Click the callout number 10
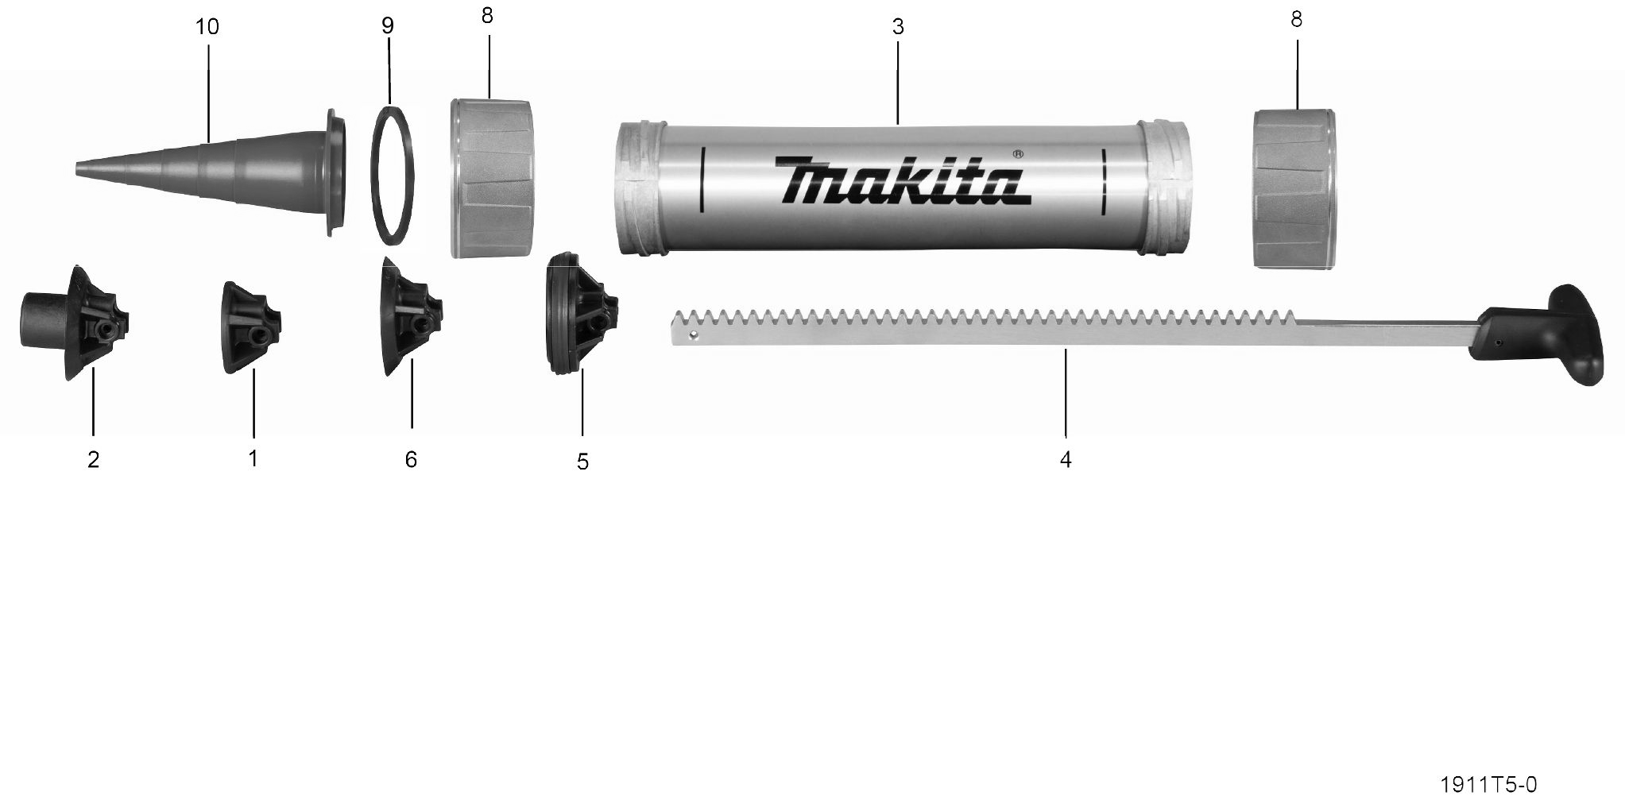coord(207,27)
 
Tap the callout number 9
coord(387,26)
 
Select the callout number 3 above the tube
coord(898,27)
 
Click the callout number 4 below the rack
coord(1066,459)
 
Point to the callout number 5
coord(582,462)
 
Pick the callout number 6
coord(411,459)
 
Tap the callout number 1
coord(253,458)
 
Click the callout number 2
coord(93,459)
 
